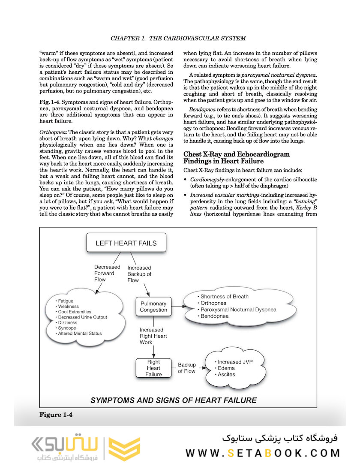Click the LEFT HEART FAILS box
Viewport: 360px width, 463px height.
(x=126, y=243)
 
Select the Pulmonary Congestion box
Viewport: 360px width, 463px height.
(x=153, y=307)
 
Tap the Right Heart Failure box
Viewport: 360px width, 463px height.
(x=153, y=368)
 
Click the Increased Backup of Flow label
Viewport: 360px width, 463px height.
(x=139, y=274)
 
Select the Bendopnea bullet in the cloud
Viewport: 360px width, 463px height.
(x=214, y=316)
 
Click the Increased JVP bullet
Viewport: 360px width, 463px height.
(x=234, y=362)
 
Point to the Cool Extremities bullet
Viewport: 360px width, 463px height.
(x=75, y=312)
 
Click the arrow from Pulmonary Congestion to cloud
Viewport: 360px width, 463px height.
(x=177, y=307)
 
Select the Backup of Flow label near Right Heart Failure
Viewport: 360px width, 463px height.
(x=187, y=368)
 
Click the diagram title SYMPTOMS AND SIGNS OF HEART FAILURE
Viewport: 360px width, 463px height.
(x=174, y=400)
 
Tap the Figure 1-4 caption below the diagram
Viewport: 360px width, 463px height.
(x=57, y=415)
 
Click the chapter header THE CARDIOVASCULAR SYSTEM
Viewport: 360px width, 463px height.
(x=178, y=38)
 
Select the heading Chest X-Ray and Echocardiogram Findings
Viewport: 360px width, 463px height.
(x=236, y=157)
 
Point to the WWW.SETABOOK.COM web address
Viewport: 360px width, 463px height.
(x=263, y=453)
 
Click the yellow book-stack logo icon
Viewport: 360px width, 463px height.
(x=124, y=448)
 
